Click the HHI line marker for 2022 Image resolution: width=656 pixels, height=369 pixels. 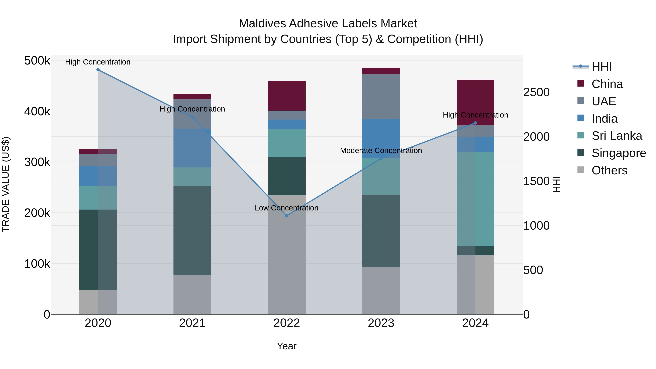pos(286,216)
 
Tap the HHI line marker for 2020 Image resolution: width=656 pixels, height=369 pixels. pos(98,70)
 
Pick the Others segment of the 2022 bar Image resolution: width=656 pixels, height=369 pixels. pos(286,255)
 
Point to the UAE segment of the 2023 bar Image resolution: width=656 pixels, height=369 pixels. pos(381,97)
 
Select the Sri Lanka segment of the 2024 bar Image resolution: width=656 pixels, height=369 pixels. pos(475,199)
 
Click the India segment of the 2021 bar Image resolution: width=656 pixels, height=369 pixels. pos(192,148)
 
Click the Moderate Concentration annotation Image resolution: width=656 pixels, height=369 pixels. pos(381,151)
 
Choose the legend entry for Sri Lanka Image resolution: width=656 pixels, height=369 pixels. pos(616,136)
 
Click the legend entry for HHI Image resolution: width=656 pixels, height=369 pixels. pos(602,67)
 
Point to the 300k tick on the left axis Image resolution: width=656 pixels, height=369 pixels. pos(37,162)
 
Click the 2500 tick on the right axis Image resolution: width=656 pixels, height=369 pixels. pos(536,92)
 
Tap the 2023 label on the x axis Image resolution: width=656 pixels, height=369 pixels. pos(381,323)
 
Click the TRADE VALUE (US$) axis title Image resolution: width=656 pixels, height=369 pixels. pos(6,184)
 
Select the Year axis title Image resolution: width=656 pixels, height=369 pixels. pos(286,346)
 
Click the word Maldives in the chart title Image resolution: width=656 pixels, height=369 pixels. pos(262,24)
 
